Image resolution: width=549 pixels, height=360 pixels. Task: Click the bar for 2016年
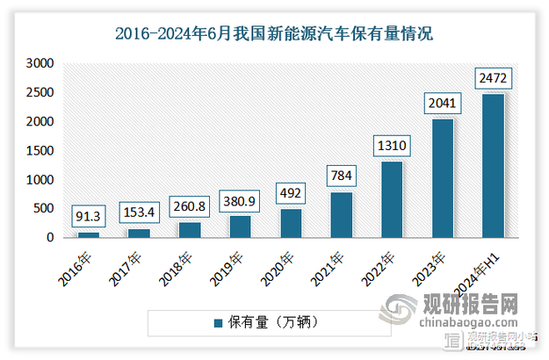point(89,234)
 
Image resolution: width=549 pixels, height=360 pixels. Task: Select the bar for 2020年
point(291,223)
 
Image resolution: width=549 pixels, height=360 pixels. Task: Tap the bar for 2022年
point(392,199)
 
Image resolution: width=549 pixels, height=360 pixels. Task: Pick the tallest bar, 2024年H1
point(493,166)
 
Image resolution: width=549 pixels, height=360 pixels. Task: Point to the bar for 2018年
point(190,230)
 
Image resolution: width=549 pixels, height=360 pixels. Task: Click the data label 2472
point(493,79)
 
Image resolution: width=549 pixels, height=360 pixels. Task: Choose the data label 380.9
point(240,200)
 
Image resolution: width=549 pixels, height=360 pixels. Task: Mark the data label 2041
point(443,104)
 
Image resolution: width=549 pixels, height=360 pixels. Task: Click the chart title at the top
point(274,35)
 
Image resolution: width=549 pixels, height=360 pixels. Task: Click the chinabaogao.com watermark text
point(479,328)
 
